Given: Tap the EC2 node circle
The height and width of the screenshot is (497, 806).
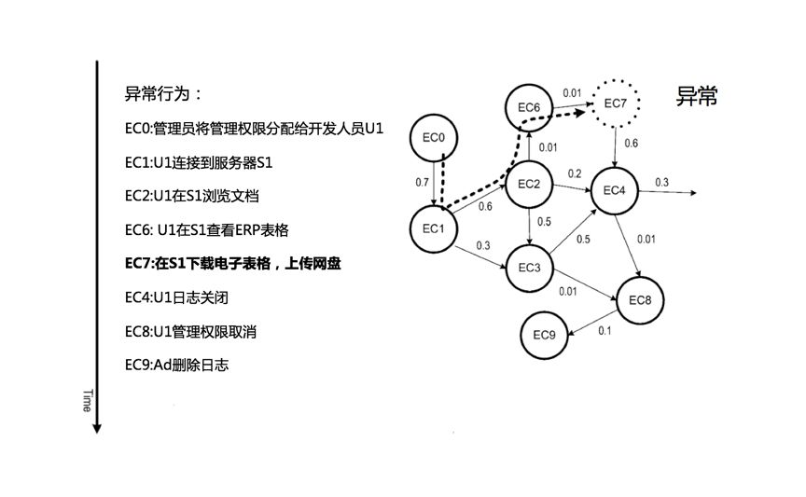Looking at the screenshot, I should (530, 184).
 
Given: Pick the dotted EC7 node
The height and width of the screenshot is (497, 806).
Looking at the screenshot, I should (616, 102).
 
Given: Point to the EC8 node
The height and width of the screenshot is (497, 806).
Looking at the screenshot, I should (640, 300).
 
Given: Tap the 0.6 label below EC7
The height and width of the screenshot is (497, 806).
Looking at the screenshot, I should (632, 144).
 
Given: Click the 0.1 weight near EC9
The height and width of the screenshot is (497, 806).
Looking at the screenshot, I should (604, 331).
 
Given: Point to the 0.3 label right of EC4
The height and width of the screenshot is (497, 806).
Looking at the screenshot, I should (661, 182).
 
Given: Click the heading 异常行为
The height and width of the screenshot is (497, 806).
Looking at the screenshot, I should (163, 94).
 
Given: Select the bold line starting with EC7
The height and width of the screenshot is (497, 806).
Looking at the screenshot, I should (233, 264).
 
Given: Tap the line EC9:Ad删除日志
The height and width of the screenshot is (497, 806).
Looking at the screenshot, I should (176, 365).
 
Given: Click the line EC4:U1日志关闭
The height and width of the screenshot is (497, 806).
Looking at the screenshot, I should (176, 297).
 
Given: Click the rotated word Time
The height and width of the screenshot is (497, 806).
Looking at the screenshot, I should (87, 400).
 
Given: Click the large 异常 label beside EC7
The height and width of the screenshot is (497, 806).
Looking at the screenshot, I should (696, 96).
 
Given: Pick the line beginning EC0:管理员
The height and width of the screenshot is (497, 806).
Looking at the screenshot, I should (254, 128).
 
